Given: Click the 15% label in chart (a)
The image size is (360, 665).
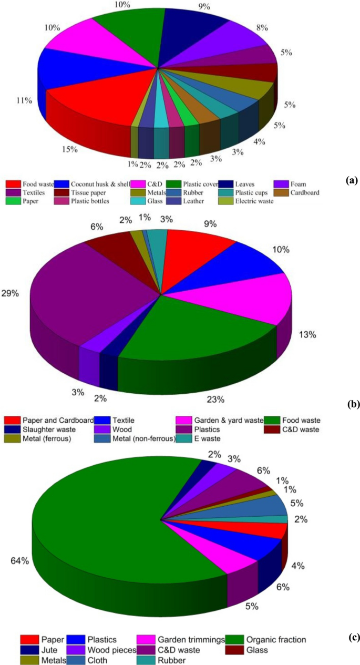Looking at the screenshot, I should (70, 150).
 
